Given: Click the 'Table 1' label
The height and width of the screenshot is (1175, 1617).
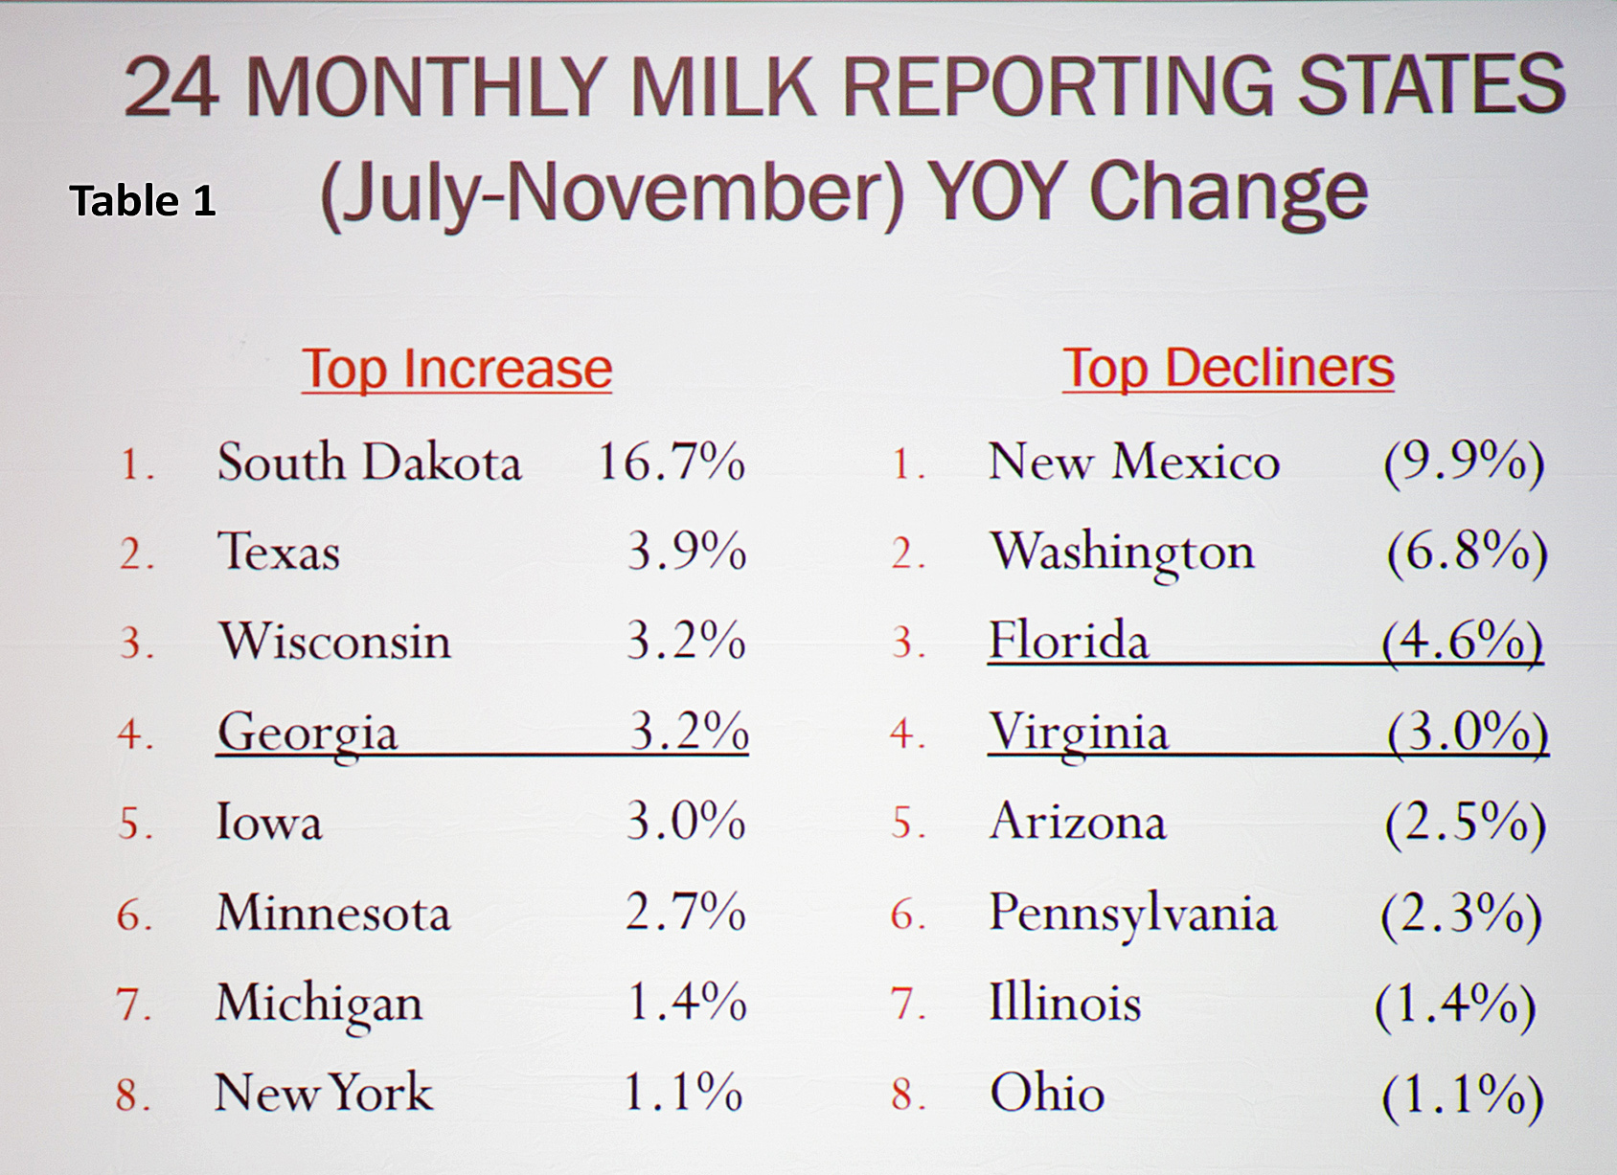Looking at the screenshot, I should [x=143, y=201].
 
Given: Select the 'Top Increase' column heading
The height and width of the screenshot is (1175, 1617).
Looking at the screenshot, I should [x=457, y=370].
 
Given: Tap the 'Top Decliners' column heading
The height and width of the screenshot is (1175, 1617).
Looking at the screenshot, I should [x=1228, y=369].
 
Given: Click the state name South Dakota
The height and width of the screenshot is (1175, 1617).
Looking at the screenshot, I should [x=369, y=463].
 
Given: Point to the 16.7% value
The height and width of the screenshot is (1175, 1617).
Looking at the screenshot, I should [x=671, y=463].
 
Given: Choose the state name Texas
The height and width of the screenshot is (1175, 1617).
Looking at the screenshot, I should [x=279, y=553].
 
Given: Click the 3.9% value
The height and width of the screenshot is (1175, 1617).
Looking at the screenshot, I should [x=686, y=552].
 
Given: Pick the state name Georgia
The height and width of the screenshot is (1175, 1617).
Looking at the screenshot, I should [x=307, y=734].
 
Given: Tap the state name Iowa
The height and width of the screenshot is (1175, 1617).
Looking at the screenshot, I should [x=268, y=823].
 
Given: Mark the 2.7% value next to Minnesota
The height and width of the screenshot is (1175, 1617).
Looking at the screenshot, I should [x=685, y=912].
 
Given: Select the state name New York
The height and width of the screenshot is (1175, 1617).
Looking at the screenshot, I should [x=323, y=1093].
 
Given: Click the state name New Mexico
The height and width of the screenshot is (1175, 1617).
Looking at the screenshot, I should [x=1133, y=463].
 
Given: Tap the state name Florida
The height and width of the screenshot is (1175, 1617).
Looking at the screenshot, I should [x=1068, y=641].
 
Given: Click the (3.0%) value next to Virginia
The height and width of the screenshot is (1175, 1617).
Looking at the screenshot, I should [x=1467, y=734].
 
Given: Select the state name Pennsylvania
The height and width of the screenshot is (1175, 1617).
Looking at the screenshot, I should [x=1132, y=914].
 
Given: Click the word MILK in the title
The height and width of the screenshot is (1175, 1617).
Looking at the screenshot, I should [x=725, y=87].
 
